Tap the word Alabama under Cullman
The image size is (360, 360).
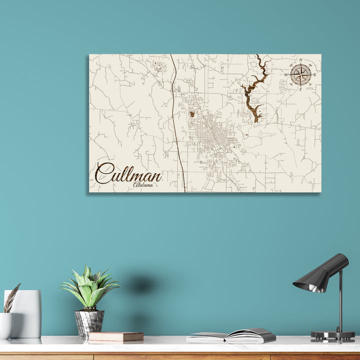(x=143, y=185)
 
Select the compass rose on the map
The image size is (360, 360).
(x=300, y=74)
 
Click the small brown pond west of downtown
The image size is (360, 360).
(x=191, y=114)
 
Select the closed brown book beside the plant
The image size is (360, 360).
(x=116, y=337)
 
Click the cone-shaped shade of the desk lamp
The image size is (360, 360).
(x=320, y=273)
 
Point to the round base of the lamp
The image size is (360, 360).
(x=332, y=336)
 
